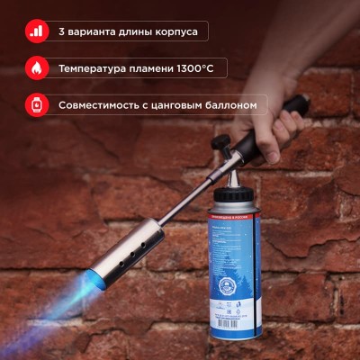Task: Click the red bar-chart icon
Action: [35, 31]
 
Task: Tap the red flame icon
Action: [35, 67]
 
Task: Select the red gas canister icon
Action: [35, 105]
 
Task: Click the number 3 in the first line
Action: [62, 31]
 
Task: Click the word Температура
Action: [98, 68]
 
